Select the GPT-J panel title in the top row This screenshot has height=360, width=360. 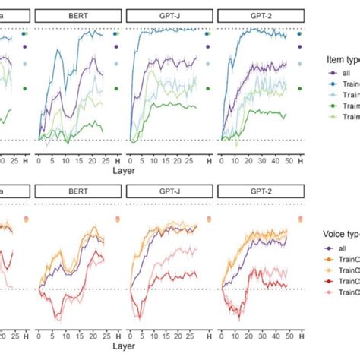[168, 14]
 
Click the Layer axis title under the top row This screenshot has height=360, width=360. [125, 171]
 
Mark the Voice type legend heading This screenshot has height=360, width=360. [338, 235]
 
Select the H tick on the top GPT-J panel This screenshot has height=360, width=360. [208, 160]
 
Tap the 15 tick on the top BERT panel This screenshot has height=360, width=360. [67, 160]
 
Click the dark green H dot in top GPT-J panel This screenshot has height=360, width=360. [208, 89]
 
